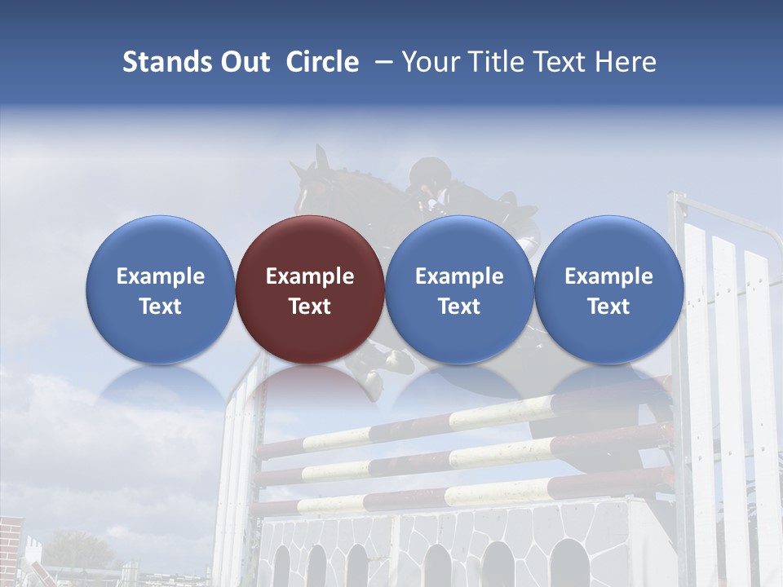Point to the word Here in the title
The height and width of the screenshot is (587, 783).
point(627,62)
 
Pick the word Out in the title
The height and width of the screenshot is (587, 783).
point(245,62)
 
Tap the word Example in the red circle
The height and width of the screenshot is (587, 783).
point(310,276)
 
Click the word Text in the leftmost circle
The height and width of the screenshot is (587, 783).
point(160,307)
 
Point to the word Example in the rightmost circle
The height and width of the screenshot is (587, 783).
point(608,276)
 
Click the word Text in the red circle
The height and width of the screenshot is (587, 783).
point(310,307)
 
